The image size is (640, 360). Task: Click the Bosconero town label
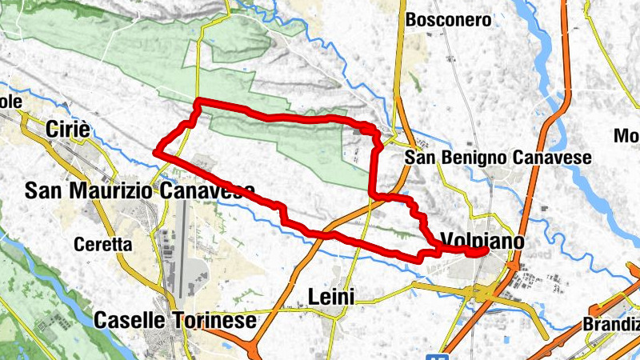pos(448,20)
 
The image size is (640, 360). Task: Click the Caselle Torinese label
pos(175,321)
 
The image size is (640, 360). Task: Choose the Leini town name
pos(331,298)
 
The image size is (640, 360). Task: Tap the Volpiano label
pos(482,241)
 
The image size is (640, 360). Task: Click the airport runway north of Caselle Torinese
pos(182,248)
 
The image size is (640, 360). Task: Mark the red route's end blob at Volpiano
pos(478,253)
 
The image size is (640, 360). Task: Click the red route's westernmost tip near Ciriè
pos(158,150)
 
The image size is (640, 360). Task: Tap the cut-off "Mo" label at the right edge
pos(626,136)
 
